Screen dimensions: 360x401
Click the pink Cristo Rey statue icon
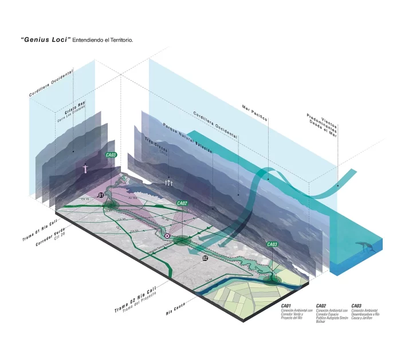(x=85, y=169)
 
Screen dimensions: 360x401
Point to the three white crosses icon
(x=168, y=182)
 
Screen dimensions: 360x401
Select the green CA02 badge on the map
(x=182, y=203)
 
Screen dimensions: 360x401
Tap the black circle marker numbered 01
(x=101, y=196)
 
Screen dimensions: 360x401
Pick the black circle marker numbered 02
(x=205, y=258)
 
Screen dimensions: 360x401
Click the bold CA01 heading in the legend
(x=286, y=306)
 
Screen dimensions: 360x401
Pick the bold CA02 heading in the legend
(x=321, y=306)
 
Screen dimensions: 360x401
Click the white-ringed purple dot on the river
(x=167, y=235)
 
